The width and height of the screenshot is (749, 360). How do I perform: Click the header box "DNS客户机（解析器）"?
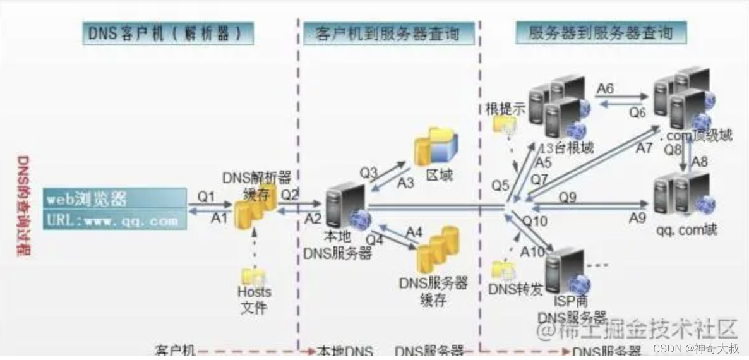(167, 33)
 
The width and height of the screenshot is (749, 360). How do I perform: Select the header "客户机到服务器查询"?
(388, 33)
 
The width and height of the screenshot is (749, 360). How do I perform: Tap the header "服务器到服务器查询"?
(601, 32)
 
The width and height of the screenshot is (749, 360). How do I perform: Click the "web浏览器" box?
(116, 199)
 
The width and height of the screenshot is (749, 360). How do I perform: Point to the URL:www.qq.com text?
(116, 220)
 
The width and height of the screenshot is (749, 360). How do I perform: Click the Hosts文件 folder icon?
(253, 276)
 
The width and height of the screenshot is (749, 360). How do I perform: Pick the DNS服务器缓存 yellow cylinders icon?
(438, 250)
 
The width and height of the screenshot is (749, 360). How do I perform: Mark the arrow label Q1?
(206, 196)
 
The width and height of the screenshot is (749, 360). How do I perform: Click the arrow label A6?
(605, 88)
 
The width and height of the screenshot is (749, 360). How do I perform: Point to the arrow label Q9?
(568, 197)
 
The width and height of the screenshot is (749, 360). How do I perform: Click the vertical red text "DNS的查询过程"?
(23, 206)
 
